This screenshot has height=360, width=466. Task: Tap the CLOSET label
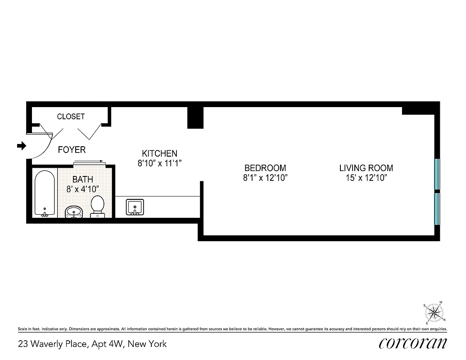click(x=71, y=117)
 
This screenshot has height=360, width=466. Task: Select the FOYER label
click(x=72, y=149)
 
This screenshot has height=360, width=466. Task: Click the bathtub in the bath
click(x=45, y=193)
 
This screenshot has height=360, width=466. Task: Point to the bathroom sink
click(x=74, y=212)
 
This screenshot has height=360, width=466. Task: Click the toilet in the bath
click(x=97, y=207)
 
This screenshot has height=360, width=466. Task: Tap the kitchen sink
click(x=134, y=207)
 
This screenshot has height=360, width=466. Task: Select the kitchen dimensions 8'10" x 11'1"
click(x=159, y=163)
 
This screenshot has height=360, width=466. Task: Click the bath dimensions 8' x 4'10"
click(x=83, y=189)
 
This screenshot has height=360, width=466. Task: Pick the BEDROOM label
click(x=265, y=168)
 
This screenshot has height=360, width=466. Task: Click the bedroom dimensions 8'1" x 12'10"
click(x=265, y=178)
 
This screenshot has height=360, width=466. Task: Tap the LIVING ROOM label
click(x=366, y=168)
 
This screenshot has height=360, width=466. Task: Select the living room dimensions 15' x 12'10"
click(x=366, y=178)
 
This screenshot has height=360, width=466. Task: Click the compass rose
click(x=434, y=312)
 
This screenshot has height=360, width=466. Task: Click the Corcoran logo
click(x=413, y=343)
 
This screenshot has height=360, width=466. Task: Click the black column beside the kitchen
click(x=195, y=117)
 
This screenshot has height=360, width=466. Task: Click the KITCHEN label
click(x=159, y=153)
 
